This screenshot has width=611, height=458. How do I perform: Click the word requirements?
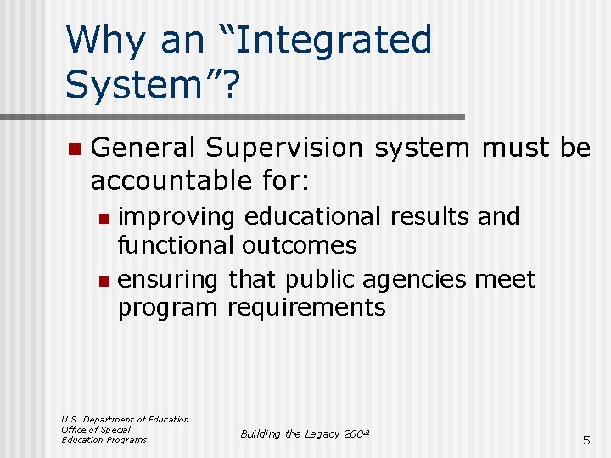point(306,307)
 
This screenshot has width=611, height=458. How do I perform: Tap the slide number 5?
point(586,440)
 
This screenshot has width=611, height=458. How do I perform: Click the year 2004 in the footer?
point(357,433)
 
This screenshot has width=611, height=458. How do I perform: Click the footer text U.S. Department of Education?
point(125,419)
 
